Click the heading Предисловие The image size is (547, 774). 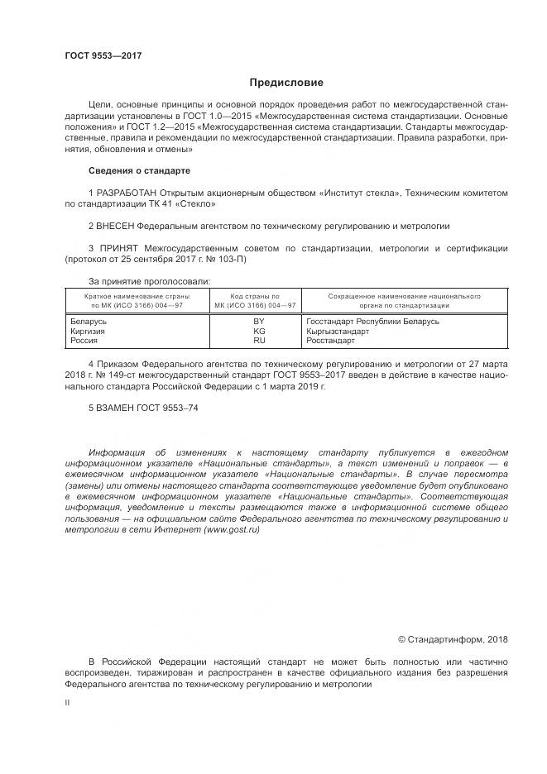[286, 83]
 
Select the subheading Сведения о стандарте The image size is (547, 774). [139, 170]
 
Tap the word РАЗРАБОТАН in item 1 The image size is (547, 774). [124, 193]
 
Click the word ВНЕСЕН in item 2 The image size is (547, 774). [116, 225]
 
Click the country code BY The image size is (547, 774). [259, 321]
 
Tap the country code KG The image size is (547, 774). [259, 331]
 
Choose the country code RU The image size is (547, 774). [259, 340]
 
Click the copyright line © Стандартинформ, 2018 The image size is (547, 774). [453, 638]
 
